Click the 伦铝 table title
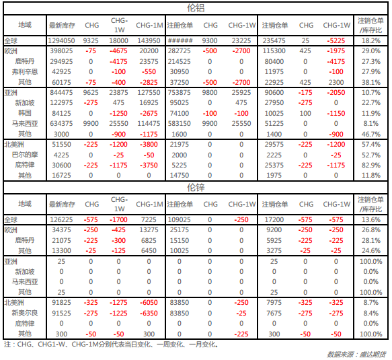click(x=196, y=8)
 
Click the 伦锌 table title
click(x=196, y=187)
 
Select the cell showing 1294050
click(x=61, y=41)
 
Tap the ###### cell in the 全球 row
click(x=180, y=41)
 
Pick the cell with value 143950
click(x=149, y=41)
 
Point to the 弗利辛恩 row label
click(x=25, y=72)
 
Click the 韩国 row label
click(x=25, y=113)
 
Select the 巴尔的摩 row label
click(x=25, y=155)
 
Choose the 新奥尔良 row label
click(x=25, y=313)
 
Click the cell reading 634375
click(x=61, y=124)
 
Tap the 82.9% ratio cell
click(x=371, y=165)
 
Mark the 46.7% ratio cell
click(x=371, y=134)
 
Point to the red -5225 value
click(x=336, y=41)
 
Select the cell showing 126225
click(x=61, y=220)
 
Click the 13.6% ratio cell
click(x=371, y=220)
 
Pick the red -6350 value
click(x=149, y=313)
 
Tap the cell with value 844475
click(x=61, y=93)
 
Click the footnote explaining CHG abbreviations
click(x=111, y=345)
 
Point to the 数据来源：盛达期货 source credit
click(x=356, y=354)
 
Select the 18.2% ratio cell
click(x=371, y=41)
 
